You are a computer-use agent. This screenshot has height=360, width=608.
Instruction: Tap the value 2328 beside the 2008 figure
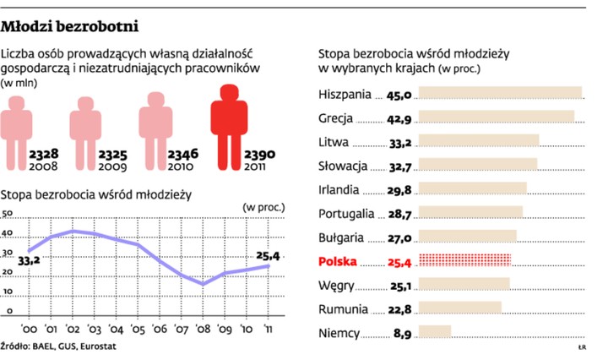point(43,155)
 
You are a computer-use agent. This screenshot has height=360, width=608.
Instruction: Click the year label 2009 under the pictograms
point(111,167)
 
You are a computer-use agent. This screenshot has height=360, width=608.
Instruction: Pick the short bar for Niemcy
point(435,332)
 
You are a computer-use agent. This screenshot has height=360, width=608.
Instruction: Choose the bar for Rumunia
point(459,308)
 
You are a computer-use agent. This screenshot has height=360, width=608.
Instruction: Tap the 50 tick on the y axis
point(8,214)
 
